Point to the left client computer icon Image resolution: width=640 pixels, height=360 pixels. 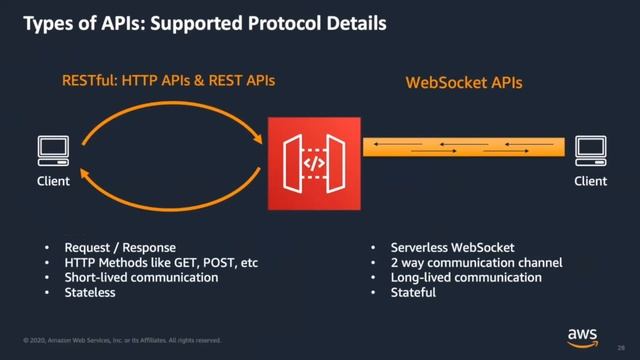[53, 150]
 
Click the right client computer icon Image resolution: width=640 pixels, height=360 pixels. [590, 150]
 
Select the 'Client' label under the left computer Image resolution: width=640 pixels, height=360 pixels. [53, 181]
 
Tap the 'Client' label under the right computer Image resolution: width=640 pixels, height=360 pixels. [590, 181]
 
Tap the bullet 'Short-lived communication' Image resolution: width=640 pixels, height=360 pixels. [141, 277]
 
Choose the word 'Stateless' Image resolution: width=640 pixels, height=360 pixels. [90, 293]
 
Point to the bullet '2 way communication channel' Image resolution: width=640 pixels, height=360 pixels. [463, 262]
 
